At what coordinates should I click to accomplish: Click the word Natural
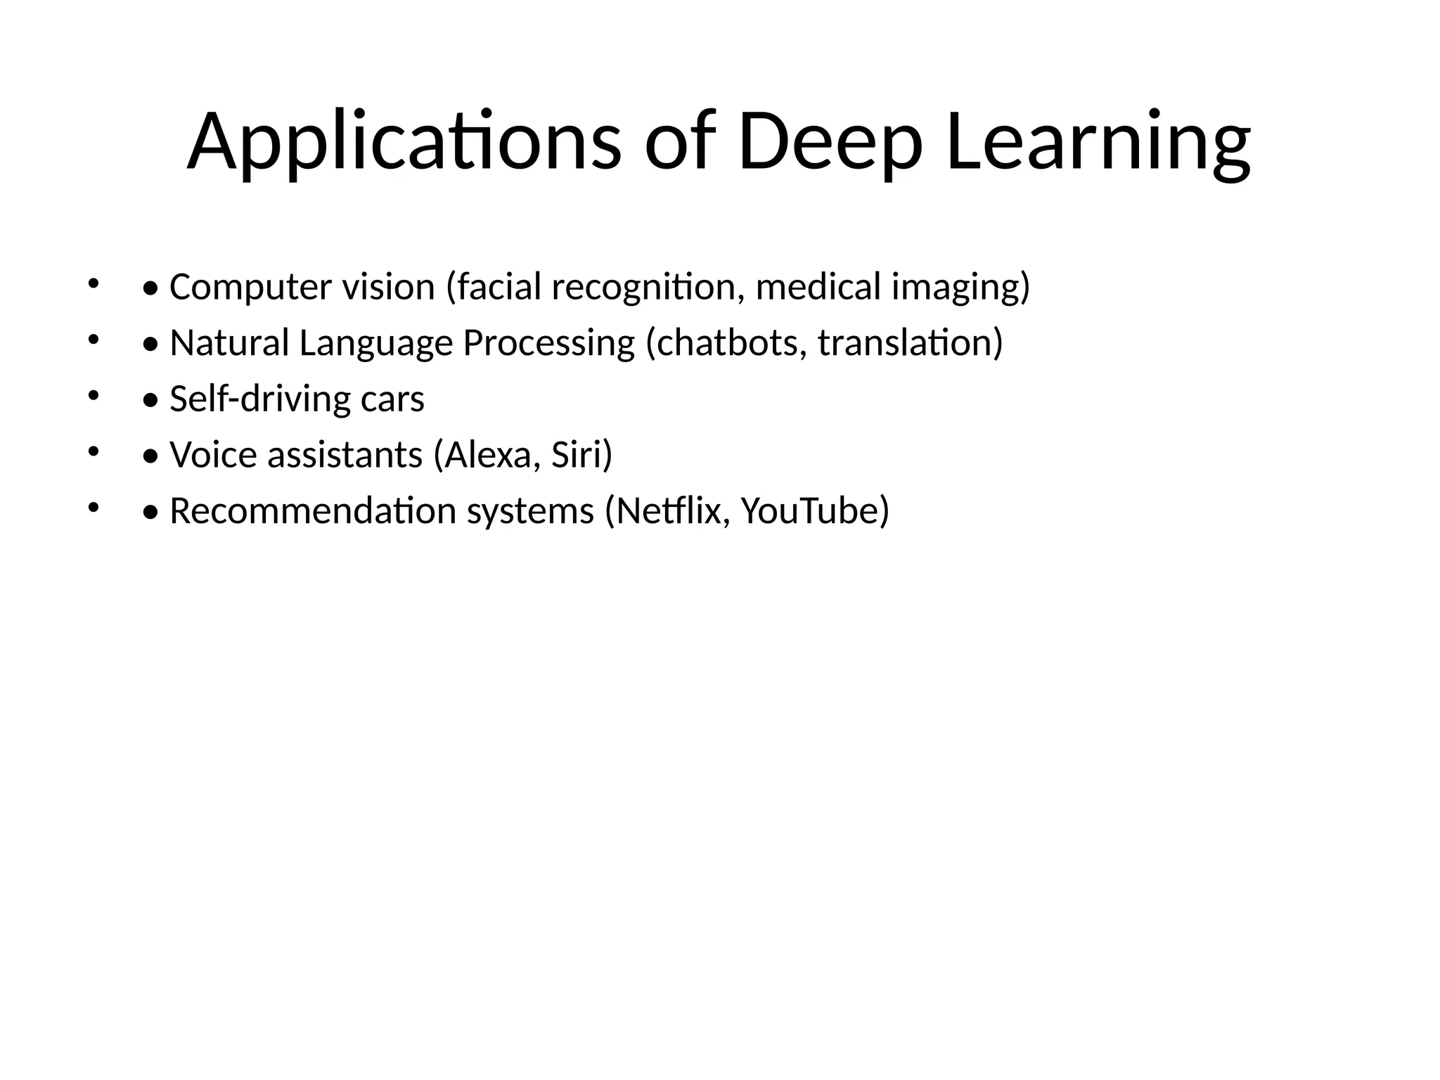tap(229, 343)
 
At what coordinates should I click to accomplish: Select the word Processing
tap(548, 343)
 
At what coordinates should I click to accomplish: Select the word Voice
tap(213, 455)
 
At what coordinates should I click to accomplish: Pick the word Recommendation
tap(313, 510)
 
